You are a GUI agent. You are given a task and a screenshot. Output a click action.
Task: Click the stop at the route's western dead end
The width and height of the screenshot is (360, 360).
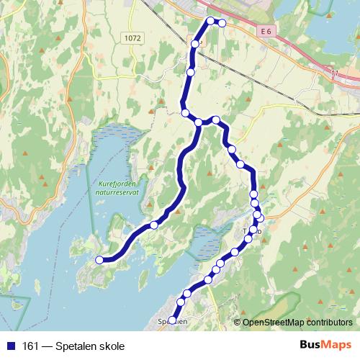tap(100, 260)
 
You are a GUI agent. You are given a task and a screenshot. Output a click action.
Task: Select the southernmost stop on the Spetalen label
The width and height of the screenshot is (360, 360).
tap(172, 320)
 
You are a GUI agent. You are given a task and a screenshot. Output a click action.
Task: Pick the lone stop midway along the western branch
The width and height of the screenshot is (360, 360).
tap(153, 225)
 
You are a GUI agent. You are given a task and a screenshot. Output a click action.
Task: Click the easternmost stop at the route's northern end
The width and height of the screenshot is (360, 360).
tap(222, 24)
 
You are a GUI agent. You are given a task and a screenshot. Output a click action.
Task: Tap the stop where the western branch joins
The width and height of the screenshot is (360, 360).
tap(198, 122)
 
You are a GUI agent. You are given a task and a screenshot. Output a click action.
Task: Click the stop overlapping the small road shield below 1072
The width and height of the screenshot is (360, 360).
tap(194, 44)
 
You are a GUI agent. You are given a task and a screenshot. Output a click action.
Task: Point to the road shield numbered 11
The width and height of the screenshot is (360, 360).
tap(333, 72)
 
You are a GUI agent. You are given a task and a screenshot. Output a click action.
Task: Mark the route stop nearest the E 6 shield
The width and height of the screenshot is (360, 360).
tap(222, 24)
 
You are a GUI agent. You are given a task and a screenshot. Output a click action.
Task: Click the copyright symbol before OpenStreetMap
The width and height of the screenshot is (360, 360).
tap(237, 323)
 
